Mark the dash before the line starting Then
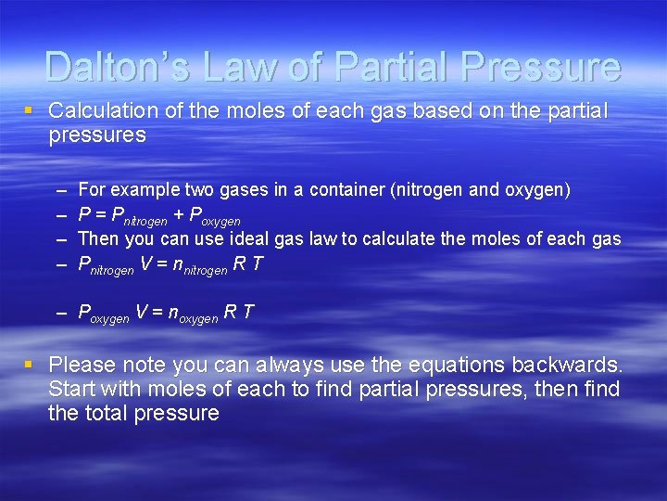[x=60, y=239]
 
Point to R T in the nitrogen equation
[x=247, y=264]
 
